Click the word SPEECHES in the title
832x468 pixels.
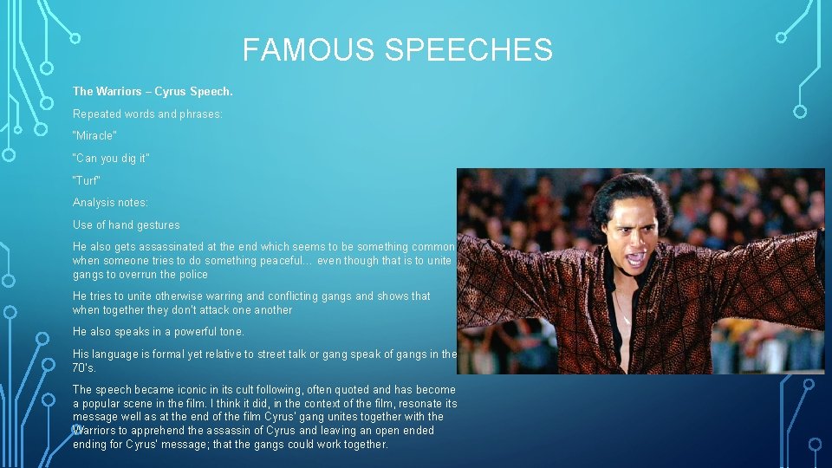[468, 50]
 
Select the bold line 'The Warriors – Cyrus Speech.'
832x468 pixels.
[153, 91]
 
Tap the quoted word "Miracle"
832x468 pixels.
[94, 136]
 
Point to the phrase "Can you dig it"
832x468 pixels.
[111, 159]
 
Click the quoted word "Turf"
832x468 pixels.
[87, 180]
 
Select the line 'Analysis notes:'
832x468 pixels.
[110, 203]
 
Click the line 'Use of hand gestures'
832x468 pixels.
[127, 225]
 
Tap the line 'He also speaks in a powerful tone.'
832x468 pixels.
[159, 332]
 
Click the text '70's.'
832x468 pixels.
[84, 367]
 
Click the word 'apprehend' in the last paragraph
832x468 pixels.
[159, 431]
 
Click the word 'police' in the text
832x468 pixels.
[192, 275]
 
